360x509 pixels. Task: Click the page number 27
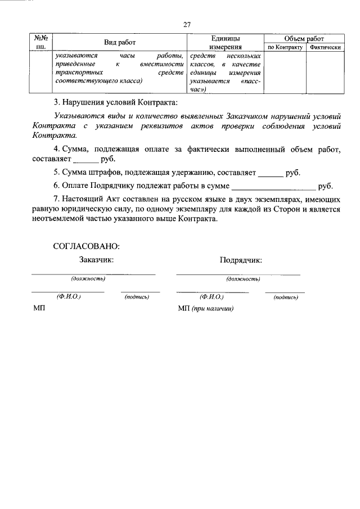pos(187,24)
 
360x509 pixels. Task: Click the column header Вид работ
pos(119,43)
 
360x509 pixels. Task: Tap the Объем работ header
pos(304,38)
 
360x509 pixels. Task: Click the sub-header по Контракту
pos(285,48)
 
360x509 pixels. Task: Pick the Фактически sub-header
pos(326,48)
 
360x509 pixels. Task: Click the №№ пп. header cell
pos(40,43)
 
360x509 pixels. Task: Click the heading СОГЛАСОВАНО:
pos(87,246)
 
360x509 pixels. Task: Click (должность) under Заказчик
pos(88,278)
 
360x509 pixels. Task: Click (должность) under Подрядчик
pos(242,278)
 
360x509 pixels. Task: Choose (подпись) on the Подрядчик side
pos(285,296)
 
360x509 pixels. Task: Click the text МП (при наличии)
pos(205,309)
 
